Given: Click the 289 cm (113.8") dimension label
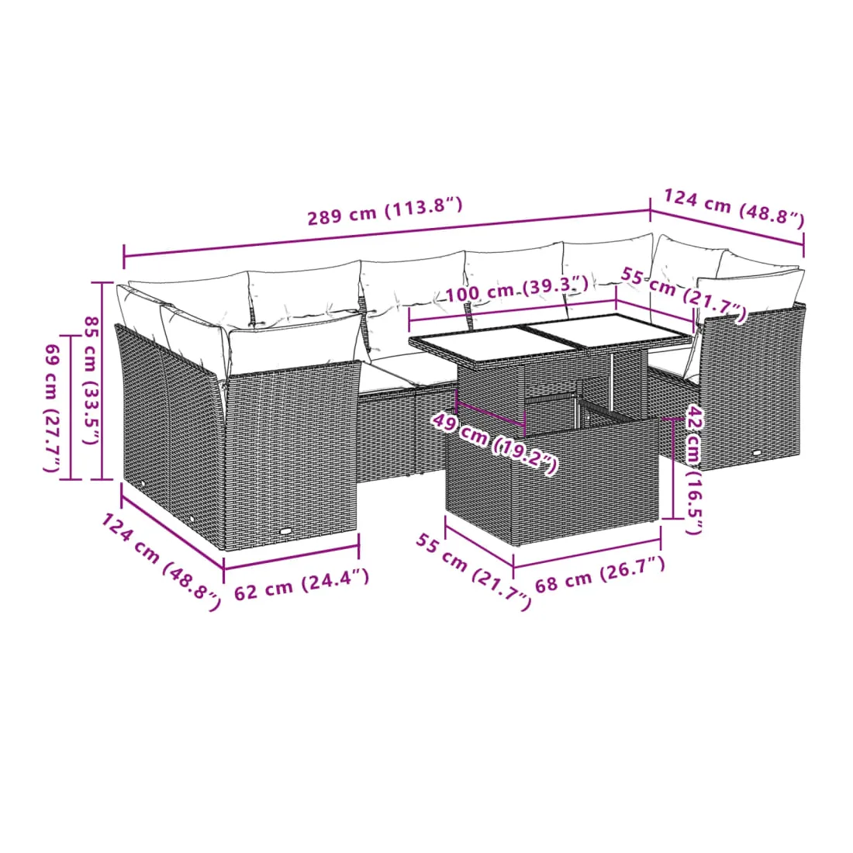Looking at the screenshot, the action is click(x=385, y=211).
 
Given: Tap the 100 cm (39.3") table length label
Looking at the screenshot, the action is click(x=516, y=289).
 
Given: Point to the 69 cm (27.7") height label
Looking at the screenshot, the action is click(x=52, y=408).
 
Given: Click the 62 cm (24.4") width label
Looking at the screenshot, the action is click(x=302, y=584).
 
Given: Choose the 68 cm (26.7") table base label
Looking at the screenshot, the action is click(x=600, y=575).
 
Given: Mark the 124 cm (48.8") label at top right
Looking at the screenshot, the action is click(x=734, y=207).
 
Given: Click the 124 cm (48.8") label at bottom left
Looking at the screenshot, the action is click(x=161, y=562).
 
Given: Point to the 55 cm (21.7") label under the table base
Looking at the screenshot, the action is click(x=473, y=572).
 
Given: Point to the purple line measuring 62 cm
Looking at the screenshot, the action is click(x=291, y=558).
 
